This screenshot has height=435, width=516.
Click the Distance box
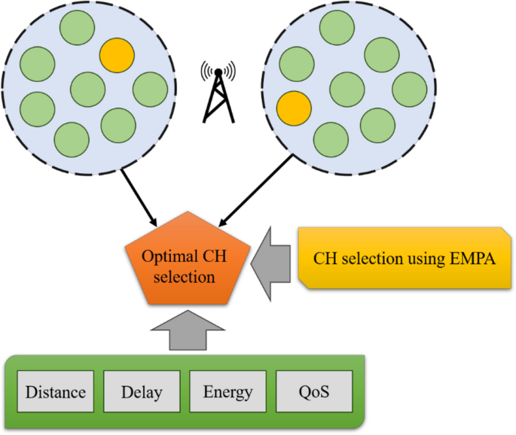click(x=56, y=392)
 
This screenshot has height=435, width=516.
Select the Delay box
click(x=142, y=392)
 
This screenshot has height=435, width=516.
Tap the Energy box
click(x=227, y=392)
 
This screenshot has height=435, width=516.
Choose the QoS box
click(x=313, y=392)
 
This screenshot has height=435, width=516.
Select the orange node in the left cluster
click(x=117, y=55)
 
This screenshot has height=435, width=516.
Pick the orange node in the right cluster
click(x=294, y=108)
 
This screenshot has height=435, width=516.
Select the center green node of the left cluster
click(x=87, y=89)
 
